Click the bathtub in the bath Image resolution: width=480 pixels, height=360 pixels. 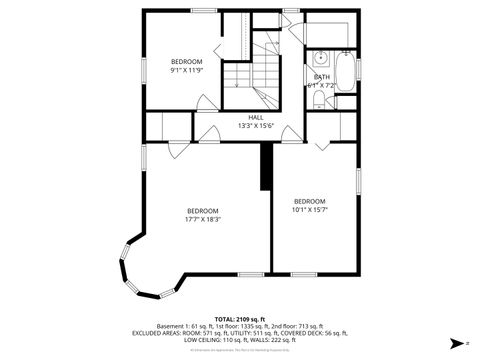click(346, 72)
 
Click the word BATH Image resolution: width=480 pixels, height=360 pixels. click(322, 77)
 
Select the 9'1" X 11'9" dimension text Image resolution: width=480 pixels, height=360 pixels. click(186, 71)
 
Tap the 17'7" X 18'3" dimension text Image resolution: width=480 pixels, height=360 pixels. click(203, 219)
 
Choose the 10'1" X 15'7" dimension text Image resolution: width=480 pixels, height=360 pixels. click(310, 211)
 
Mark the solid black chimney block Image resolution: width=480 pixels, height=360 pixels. click(265, 165)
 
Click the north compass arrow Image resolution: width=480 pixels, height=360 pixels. click(454, 341)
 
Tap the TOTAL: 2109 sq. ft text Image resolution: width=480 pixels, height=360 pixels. click(240, 317)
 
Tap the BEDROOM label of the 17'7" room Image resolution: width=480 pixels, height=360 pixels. click(203, 210)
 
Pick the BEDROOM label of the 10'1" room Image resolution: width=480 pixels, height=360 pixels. click(310, 202)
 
